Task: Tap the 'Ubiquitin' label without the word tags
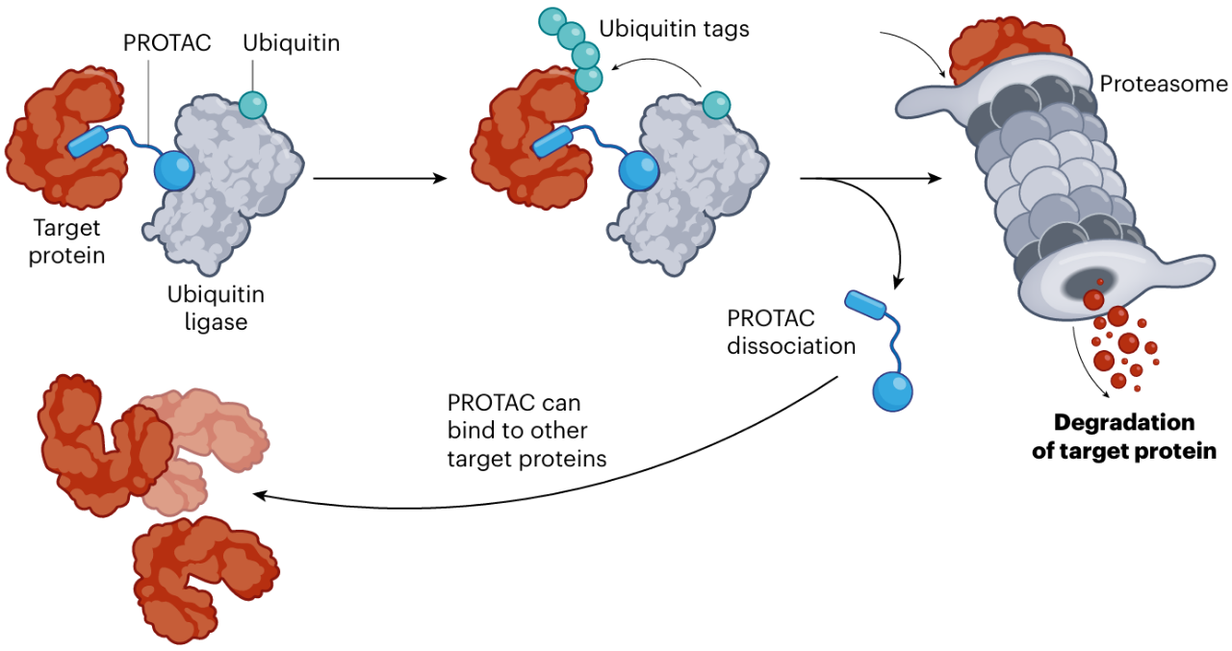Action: (291, 43)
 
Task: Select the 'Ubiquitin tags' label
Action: (674, 28)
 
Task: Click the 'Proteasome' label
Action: (1164, 84)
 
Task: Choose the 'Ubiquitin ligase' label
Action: (216, 308)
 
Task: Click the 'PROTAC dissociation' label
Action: (791, 331)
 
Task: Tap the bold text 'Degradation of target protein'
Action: (1124, 437)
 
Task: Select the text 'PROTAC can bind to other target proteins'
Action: (526, 430)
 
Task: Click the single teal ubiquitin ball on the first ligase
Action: (253, 105)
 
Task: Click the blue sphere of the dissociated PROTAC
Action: (892, 391)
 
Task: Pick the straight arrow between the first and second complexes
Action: (380, 178)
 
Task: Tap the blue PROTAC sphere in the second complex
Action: (638, 170)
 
